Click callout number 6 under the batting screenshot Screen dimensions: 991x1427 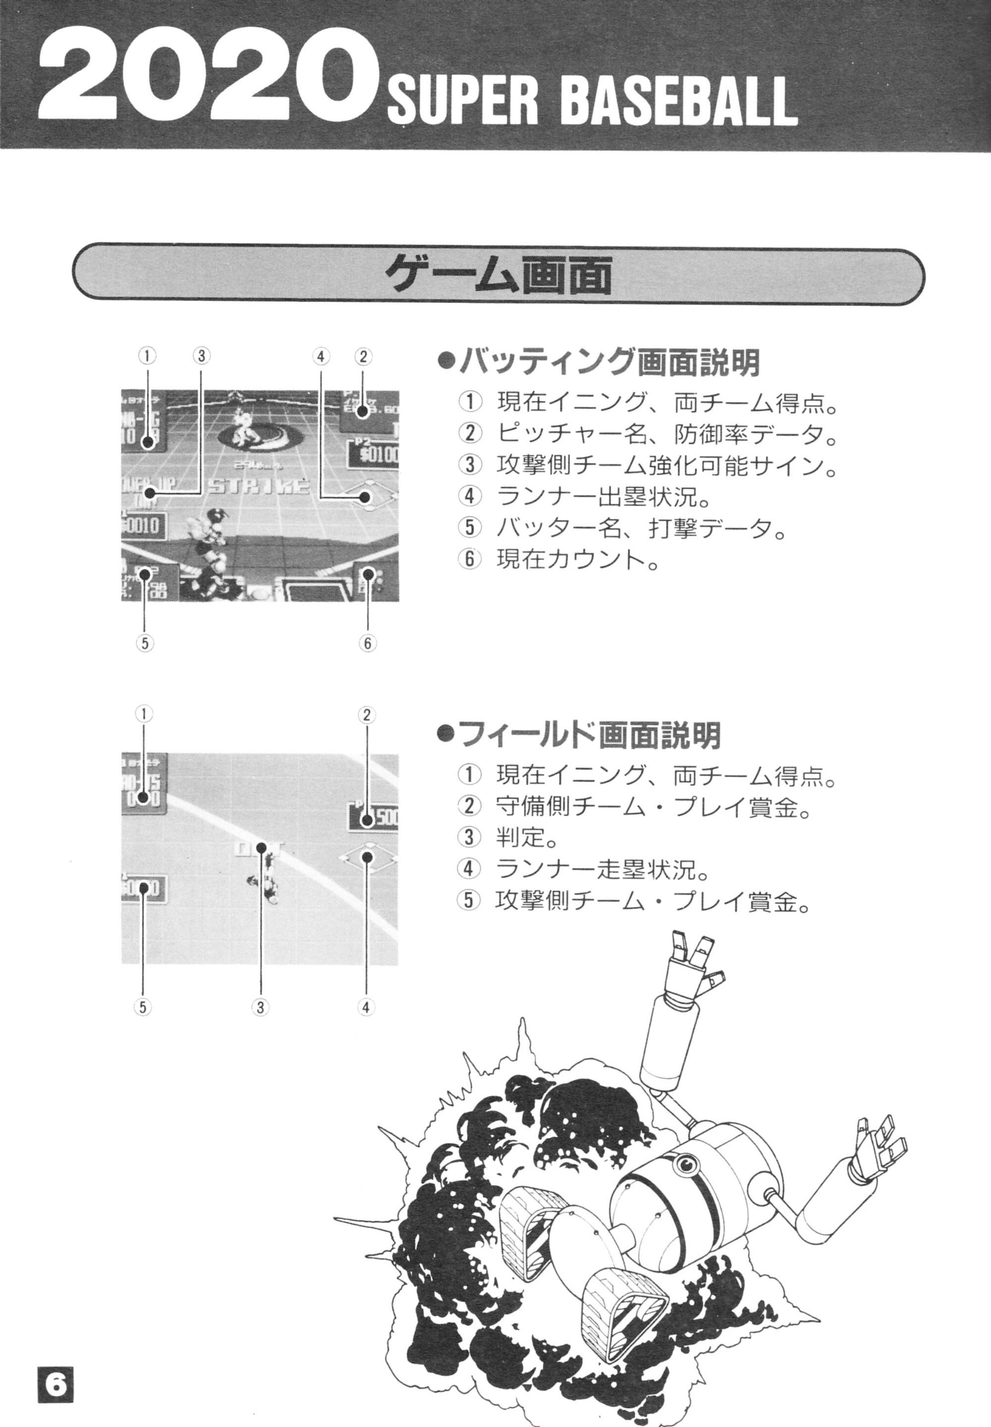click(x=367, y=644)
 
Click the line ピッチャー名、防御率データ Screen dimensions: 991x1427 click(x=664, y=433)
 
